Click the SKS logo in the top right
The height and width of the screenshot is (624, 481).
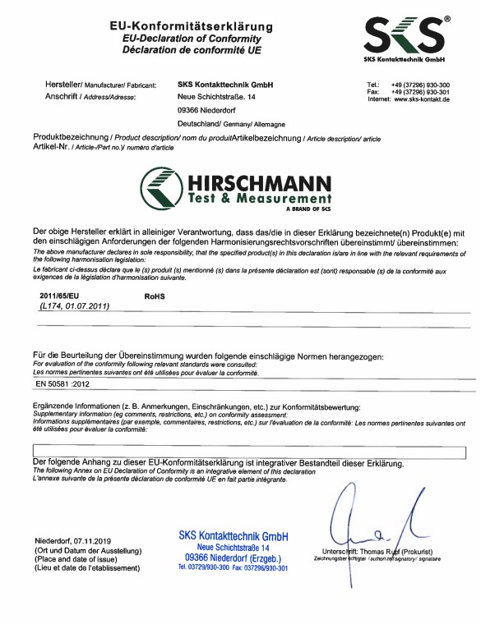[x=405, y=38]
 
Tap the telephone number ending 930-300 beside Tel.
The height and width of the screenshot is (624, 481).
[x=420, y=85]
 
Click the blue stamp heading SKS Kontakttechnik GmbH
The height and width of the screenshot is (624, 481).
[x=234, y=535]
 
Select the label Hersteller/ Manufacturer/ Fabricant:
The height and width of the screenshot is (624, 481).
[x=101, y=85]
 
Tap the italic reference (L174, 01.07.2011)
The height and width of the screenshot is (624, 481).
[x=75, y=305]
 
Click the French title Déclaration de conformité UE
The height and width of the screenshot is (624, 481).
[x=192, y=49]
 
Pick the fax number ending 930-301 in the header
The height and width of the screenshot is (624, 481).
[x=420, y=93]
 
